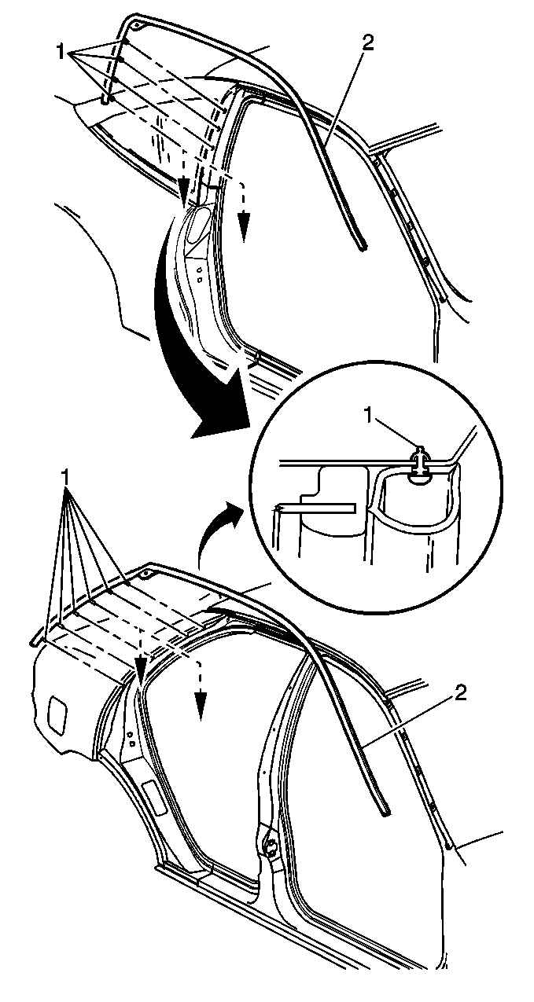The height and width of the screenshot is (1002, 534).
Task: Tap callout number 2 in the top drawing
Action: coord(367,43)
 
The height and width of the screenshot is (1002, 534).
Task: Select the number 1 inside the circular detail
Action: coord(368,417)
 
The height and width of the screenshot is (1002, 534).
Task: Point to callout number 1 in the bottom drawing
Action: coord(66,479)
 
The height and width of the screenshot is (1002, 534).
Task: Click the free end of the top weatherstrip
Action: coord(363,245)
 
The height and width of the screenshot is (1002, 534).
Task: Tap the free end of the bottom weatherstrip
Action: coord(385,813)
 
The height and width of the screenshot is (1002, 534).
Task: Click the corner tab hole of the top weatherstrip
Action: coord(136,26)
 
